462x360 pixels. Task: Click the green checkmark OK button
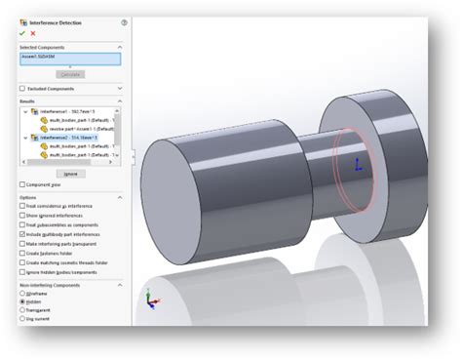(21, 32)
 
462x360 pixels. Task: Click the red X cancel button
(32, 32)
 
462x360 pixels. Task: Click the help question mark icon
(124, 21)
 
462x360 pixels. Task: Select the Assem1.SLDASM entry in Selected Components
(69, 58)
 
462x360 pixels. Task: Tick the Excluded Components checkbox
(22, 88)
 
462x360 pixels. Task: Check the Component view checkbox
(22, 184)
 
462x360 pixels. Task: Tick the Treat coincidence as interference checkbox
(22, 207)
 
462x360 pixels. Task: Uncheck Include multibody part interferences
(22, 234)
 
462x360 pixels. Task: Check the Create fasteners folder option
(22, 252)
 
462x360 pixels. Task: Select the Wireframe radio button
(22, 293)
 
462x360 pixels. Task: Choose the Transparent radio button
(22, 309)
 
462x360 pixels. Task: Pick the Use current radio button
(22, 318)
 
